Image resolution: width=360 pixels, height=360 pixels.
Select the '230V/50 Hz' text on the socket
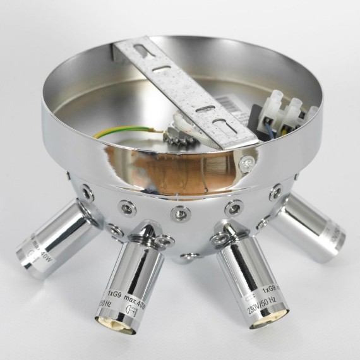pyautogui.click(x=260, y=303)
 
